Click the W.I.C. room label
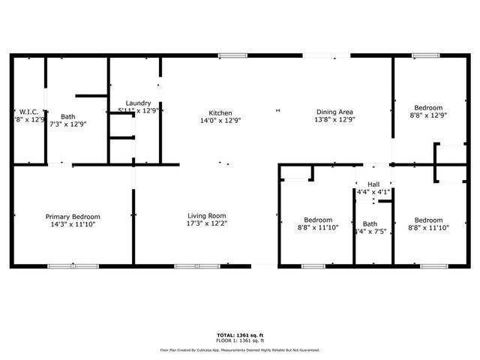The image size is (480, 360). point(29,111)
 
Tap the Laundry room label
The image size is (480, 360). point(138,103)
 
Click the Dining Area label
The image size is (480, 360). point(334,112)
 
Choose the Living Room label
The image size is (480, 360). point(206,216)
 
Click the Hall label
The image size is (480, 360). point(373,184)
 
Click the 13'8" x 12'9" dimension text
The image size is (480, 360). point(334,119)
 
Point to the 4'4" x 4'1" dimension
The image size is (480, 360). point(373,192)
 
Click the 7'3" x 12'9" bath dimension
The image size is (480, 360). point(68,124)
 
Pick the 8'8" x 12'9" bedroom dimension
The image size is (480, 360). point(428,115)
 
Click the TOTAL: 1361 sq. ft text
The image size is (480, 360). point(240,334)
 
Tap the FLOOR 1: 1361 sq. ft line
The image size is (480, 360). point(240,341)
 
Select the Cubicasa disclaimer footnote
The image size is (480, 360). point(240,349)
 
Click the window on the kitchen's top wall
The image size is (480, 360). point(232,55)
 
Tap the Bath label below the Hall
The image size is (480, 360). point(370,223)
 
